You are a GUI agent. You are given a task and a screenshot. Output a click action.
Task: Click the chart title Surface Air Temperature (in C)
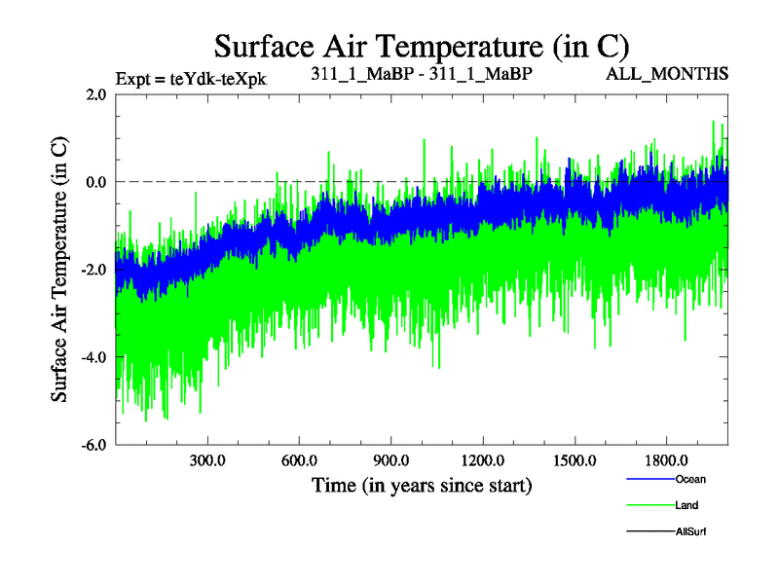[x=423, y=46]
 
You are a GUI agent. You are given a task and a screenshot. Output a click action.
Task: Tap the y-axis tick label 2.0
[x=95, y=94]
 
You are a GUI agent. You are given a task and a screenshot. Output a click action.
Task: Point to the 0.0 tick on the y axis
[x=95, y=182]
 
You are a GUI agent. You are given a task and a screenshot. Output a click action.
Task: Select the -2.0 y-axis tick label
[x=93, y=270]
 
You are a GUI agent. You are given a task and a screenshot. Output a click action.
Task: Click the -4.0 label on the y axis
[x=93, y=357]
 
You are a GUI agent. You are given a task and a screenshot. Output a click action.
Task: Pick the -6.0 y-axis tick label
[x=93, y=445]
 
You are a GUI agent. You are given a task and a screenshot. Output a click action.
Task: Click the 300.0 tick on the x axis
[x=207, y=460]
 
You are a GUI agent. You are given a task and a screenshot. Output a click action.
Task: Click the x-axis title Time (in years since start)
[x=422, y=485]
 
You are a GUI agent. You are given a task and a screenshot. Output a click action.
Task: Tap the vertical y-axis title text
[x=60, y=270]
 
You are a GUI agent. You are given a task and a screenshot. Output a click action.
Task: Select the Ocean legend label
[x=690, y=479]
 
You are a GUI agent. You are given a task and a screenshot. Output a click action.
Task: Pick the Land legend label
[x=686, y=505]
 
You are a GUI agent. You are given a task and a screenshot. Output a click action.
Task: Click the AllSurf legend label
[x=689, y=531]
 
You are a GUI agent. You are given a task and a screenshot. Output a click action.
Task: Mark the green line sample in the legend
[x=647, y=505]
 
